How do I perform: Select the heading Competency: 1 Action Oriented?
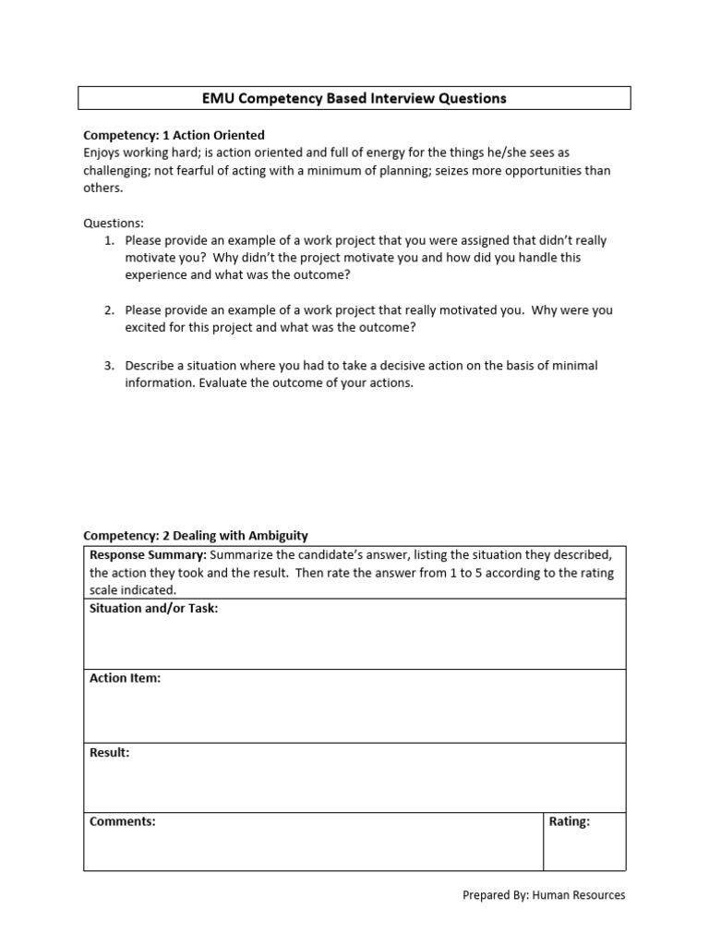tap(174, 135)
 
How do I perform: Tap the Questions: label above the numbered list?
tap(114, 224)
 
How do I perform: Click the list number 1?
tap(109, 240)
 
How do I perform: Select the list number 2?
tap(109, 310)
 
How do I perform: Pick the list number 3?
tap(109, 366)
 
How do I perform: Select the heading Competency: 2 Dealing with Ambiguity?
tap(196, 536)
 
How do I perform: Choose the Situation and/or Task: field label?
tap(153, 608)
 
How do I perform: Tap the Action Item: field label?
tap(125, 678)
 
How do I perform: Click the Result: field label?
tap(109, 752)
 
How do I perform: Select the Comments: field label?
tap(122, 821)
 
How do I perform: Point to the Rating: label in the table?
tap(569, 821)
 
